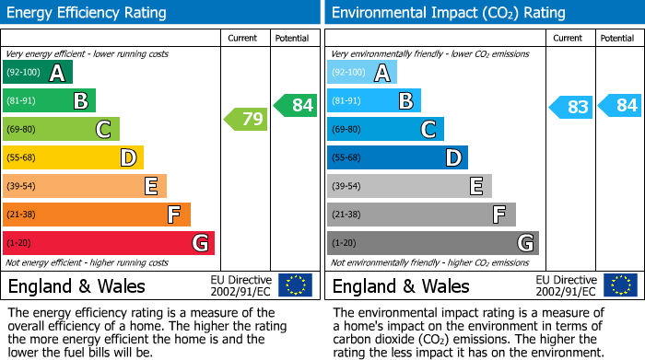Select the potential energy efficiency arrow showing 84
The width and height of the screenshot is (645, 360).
296,105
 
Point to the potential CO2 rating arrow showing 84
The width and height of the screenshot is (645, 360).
620,105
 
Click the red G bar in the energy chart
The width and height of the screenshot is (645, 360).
109,243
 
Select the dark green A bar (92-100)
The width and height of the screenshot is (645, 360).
38,73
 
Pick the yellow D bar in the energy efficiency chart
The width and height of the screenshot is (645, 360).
74,157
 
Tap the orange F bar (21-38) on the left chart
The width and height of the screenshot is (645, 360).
97,215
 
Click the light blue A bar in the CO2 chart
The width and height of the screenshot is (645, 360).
362,73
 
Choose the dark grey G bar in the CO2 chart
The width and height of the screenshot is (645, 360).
432,243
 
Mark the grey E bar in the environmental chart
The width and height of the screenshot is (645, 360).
409,186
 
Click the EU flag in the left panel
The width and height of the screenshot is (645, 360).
295,285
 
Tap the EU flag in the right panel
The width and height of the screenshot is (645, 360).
620,285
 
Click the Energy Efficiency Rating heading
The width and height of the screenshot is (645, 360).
87,13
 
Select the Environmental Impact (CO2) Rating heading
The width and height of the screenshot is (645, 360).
448,13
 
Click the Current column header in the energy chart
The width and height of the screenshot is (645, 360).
244,38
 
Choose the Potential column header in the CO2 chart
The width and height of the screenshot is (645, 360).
617,38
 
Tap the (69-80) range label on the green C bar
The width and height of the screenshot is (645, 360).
23,130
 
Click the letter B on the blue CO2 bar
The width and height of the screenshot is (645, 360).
405,101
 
